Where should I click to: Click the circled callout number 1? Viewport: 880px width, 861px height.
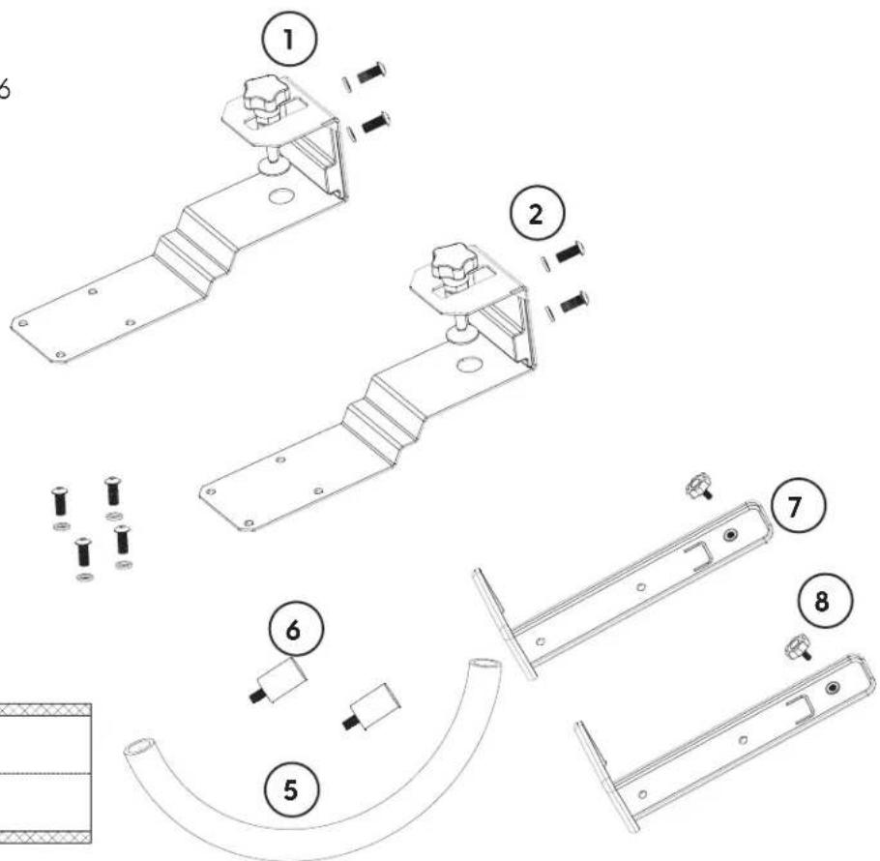(x=289, y=41)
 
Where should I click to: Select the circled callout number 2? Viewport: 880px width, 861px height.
(x=537, y=215)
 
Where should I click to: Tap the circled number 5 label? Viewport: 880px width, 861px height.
(x=291, y=789)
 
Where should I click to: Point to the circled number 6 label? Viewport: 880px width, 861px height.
(x=295, y=630)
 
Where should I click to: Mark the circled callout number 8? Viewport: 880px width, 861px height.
(x=823, y=601)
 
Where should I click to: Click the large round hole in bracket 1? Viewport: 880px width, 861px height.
(x=281, y=196)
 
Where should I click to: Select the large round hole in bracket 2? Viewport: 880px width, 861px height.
(x=469, y=365)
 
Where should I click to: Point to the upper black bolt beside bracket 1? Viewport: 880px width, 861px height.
(x=371, y=73)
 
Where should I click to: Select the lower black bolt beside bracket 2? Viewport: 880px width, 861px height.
(x=573, y=302)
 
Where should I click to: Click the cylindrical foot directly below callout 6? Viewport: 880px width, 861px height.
(x=279, y=680)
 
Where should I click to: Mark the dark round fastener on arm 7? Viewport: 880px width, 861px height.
(x=730, y=535)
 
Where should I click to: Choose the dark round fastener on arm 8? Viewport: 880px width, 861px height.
(x=833, y=688)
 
